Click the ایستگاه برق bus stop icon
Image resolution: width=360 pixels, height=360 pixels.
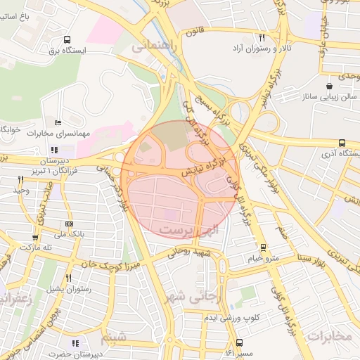(67, 40)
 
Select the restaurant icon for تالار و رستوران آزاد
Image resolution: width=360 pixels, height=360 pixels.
(262, 38)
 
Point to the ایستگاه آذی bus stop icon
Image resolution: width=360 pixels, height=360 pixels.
(342, 143)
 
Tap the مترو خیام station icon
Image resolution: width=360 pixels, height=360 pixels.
(263, 247)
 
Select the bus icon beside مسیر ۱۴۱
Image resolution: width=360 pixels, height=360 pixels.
(240, 342)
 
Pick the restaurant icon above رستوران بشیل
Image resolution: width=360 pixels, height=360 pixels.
(69, 278)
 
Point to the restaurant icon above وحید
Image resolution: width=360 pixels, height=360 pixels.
(20, 180)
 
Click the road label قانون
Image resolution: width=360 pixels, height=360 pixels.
(195, 33)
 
